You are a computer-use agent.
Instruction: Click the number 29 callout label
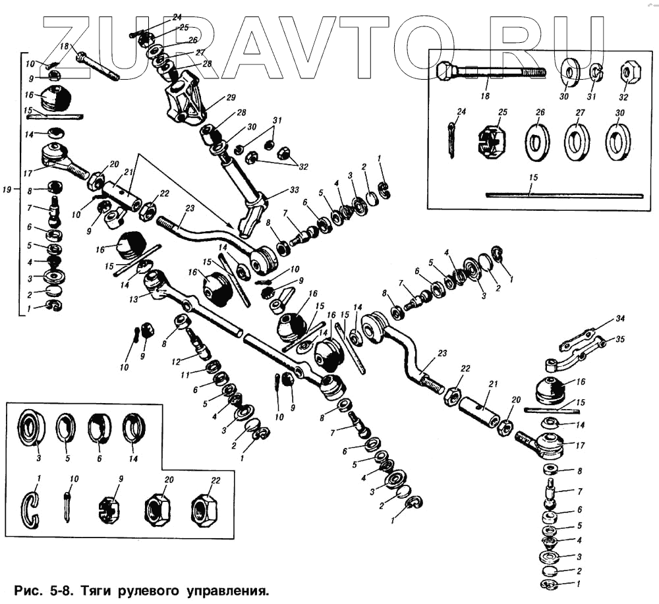[x=231, y=97]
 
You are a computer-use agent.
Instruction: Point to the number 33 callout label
[x=294, y=190]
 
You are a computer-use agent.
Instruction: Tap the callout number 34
[x=620, y=319]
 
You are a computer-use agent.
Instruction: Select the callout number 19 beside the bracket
[x=7, y=190]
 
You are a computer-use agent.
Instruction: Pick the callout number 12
[x=176, y=362]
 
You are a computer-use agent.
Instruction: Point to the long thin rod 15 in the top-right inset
[x=565, y=195]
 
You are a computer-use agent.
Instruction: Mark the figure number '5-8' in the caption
[x=60, y=591]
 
